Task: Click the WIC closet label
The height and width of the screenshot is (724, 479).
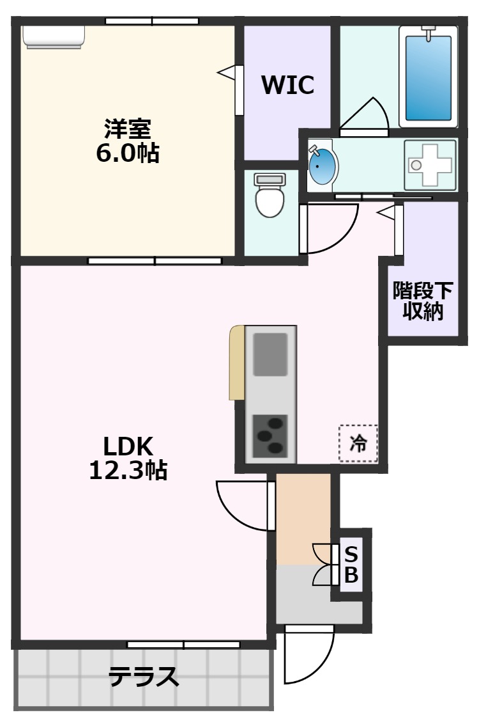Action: tap(287, 84)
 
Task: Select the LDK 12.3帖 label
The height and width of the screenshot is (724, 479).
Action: tap(127, 458)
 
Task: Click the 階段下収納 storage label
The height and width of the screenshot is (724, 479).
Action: tap(422, 301)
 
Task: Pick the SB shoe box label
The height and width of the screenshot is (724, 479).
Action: tap(351, 564)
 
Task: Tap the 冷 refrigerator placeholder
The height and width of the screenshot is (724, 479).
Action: tap(358, 443)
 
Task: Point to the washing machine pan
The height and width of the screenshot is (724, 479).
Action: tap(430, 165)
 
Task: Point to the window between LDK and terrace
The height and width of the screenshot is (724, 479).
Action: tap(183, 644)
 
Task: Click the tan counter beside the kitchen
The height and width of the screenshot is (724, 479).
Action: tap(236, 363)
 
